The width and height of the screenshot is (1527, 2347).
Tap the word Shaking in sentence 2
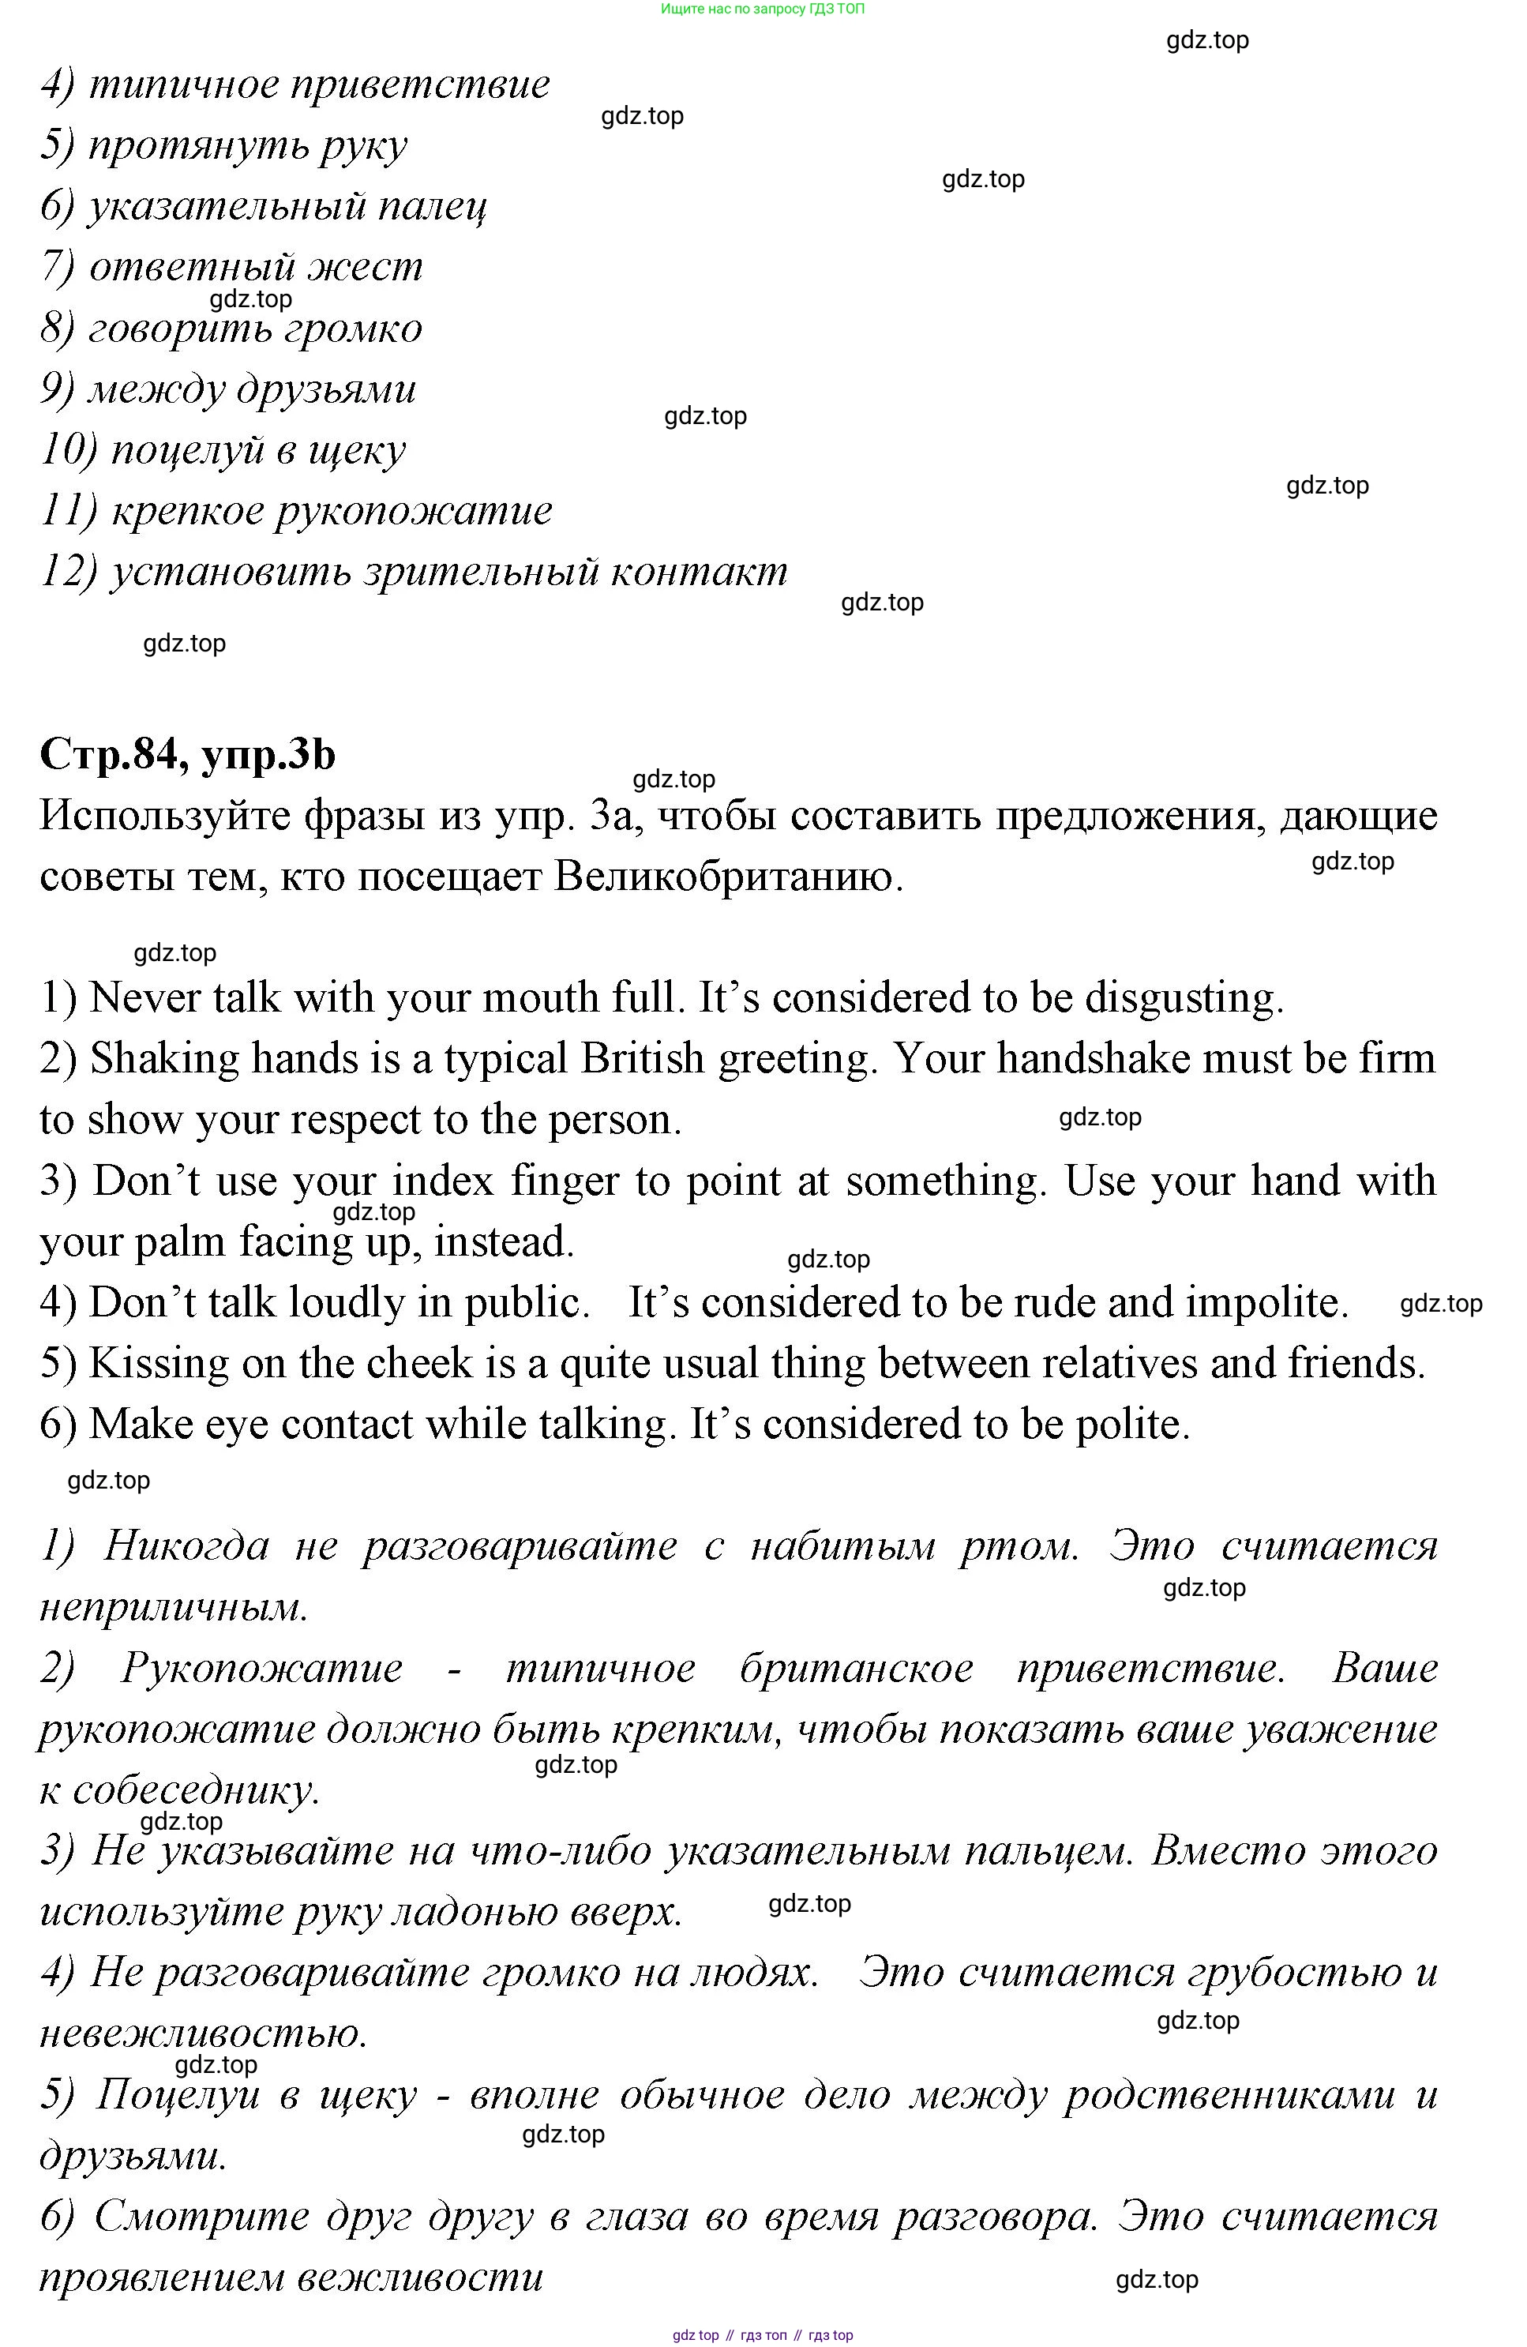163,1059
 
